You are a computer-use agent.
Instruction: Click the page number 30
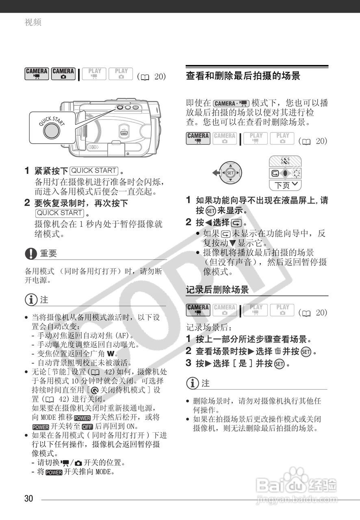(x=28, y=498)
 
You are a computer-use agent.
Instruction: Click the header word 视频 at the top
(x=33, y=23)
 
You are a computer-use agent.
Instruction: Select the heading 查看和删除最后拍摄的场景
(x=243, y=76)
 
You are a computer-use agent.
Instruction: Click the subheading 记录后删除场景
(x=217, y=290)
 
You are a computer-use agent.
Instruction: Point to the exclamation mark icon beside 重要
(x=31, y=253)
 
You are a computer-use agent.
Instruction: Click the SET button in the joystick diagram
(x=230, y=173)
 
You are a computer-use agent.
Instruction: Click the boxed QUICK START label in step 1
(x=94, y=170)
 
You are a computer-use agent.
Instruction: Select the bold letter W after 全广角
(x=110, y=353)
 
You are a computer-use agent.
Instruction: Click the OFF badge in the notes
(x=87, y=427)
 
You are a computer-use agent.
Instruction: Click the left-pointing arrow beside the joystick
(x=215, y=173)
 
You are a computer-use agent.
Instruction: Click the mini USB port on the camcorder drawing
(x=125, y=132)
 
